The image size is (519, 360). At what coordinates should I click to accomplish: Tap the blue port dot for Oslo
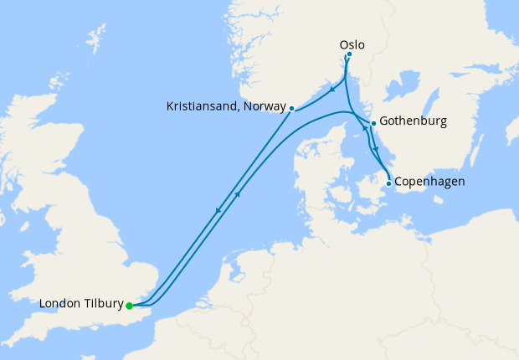(x=349, y=55)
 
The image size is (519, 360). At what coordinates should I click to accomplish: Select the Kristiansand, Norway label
(x=226, y=108)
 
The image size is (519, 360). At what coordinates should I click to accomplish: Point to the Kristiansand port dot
(x=291, y=108)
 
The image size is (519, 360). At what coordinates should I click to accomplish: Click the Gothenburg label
(x=413, y=121)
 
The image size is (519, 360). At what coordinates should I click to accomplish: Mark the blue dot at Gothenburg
(x=373, y=123)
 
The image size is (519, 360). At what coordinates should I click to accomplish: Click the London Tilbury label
(x=81, y=304)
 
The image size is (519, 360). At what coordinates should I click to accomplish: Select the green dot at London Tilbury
(x=129, y=306)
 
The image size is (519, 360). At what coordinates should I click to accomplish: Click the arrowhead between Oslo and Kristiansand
(x=332, y=90)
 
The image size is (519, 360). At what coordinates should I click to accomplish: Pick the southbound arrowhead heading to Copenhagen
(x=376, y=150)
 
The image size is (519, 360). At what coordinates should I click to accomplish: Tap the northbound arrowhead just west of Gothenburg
(x=365, y=131)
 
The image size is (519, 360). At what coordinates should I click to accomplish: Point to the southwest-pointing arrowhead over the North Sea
(x=218, y=209)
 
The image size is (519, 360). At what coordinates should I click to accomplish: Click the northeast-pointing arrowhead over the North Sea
(x=239, y=195)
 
